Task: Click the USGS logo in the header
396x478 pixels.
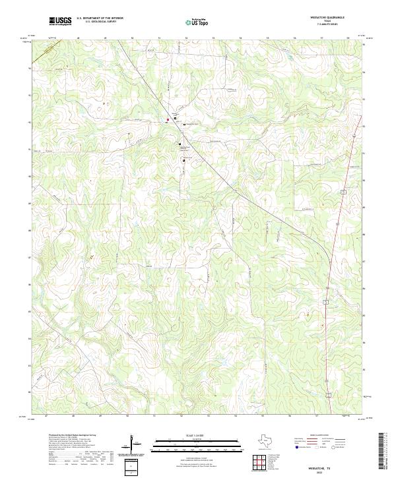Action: (x=60, y=21)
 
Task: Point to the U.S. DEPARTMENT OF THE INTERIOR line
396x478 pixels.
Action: (x=100, y=18)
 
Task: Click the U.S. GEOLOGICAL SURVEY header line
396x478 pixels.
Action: (x=100, y=22)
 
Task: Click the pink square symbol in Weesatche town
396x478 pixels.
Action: (x=168, y=119)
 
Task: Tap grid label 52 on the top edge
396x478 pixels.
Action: (x=186, y=39)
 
